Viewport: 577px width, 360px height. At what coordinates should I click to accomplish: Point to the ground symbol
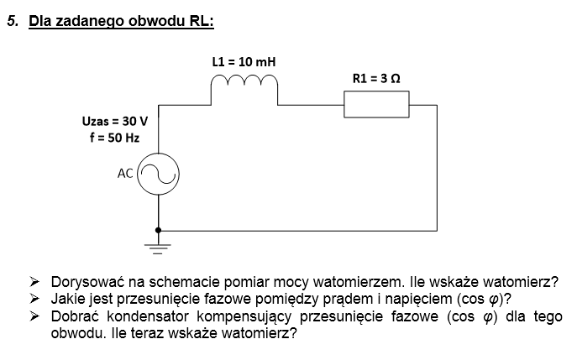pyautogui.click(x=158, y=248)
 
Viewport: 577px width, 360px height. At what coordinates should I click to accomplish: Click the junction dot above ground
pyautogui.click(x=158, y=230)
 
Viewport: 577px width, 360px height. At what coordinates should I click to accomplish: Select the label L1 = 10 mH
pyautogui.click(x=244, y=62)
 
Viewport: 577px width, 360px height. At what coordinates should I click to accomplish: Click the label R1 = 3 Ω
pyautogui.click(x=376, y=78)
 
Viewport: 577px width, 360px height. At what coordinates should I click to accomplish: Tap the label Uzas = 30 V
pyautogui.click(x=115, y=121)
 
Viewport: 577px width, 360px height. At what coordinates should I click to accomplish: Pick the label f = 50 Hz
pyautogui.click(x=114, y=138)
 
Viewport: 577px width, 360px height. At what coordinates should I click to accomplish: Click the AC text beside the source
pyautogui.click(x=125, y=173)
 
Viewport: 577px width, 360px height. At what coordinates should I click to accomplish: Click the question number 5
pyautogui.click(x=13, y=21)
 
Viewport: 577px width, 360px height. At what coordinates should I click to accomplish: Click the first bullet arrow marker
pyautogui.click(x=34, y=282)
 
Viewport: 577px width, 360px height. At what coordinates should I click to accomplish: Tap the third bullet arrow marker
pyautogui.click(x=34, y=316)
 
